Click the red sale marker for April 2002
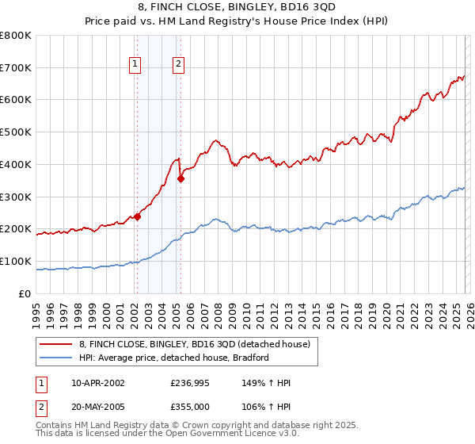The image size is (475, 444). pyautogui.click(x=137, y=216)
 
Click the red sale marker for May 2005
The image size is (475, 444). pyautogui.click(x=180, y=178)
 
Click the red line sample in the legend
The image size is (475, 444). pyautogui.click(x=56, y=344)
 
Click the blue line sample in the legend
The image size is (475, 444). pyautogui.click(x=56, y=358)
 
